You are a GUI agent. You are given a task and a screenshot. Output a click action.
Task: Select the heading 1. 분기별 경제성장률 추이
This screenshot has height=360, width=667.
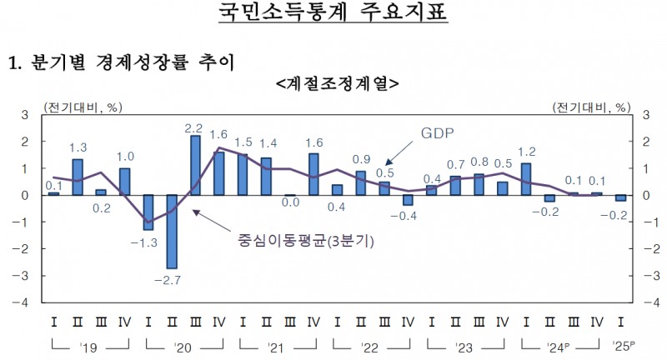coord(121,62)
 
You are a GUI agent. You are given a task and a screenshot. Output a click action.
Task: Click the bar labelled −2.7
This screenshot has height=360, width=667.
coord(172,232)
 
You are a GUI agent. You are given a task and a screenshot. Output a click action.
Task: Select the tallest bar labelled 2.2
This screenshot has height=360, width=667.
coord(195,165)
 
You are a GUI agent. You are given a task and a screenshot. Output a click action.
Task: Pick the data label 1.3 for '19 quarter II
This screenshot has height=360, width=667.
coord(78,147)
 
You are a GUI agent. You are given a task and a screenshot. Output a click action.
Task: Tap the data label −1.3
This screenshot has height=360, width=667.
coord(148,242)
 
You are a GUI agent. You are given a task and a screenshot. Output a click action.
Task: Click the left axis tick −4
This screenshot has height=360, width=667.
coord(25,302)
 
